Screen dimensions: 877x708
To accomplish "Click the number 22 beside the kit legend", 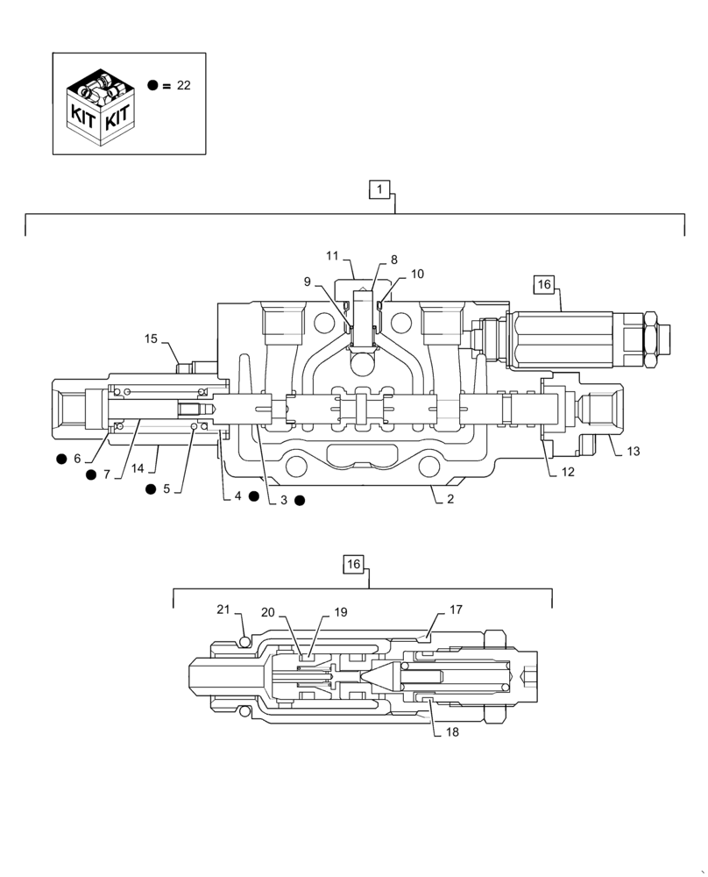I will [x=183, y=85].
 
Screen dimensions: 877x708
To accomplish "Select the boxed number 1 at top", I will [x=379, y=189].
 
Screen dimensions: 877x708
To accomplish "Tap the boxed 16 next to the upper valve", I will [x=544, y=283].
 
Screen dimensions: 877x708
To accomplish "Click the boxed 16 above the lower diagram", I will [x=353, y=564].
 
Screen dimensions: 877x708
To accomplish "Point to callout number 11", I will [x=332, y=255].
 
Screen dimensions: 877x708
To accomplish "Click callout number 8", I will [x=393, y=260].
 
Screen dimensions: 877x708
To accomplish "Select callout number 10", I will [x=417, y=274].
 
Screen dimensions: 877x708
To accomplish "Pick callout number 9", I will [x=307, y=282].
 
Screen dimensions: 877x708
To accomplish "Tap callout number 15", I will [x=152, y=338].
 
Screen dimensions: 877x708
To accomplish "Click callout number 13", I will [x=634, y=452].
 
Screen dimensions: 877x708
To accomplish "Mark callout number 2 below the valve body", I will [x=450, y=499].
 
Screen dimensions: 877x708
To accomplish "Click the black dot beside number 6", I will [x=61, y=459].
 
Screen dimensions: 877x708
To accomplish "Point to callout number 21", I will [x=223, y=610].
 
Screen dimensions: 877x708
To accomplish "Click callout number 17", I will [x=456, y=609].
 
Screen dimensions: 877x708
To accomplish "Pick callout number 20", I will [x=267, y=612].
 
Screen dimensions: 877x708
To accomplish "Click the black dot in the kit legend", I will [x=153, y=85].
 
